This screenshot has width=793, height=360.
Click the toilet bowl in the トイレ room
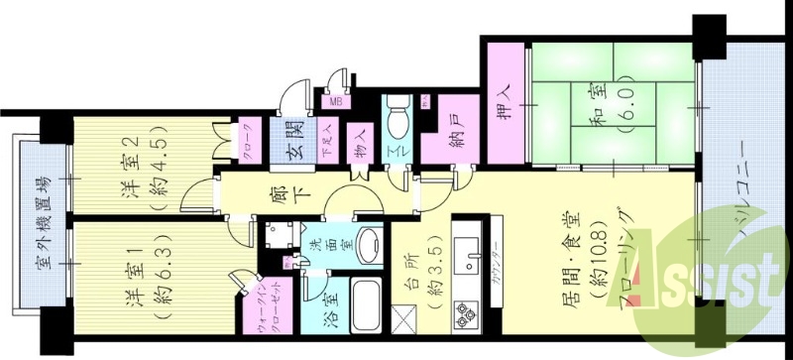398,124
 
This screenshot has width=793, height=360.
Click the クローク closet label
248,128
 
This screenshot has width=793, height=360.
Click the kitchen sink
464,247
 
